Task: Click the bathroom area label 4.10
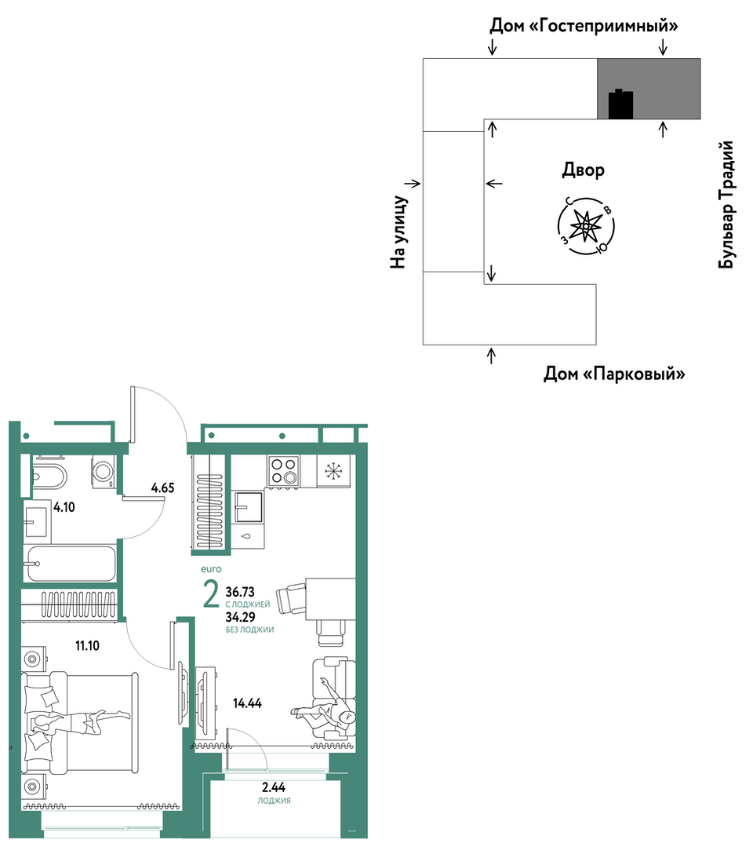(x=64, y=507)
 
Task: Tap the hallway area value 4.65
(x=162, y=487)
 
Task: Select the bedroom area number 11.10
(x=87, y=645)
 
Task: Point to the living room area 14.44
(x=247, y=703)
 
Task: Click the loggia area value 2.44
(x=274, y=787)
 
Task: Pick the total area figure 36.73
(x=240, y=592)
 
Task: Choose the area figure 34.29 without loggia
(x=240, y=617)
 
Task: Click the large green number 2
(x=211, y=594)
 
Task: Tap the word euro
(x=211, y=569)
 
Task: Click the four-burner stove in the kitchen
(x=284, y=471)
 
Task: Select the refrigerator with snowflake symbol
(x=333, y=471)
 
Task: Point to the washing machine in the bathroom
(x=103, y=472)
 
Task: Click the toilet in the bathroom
(x=49, y=476)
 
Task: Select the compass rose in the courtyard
(x=586, y=226)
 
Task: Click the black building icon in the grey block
(x=620, y=104)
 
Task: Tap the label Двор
(x=583, y=170)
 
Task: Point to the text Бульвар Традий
(x=726, y=205)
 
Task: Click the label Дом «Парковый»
(x=614, y=374)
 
